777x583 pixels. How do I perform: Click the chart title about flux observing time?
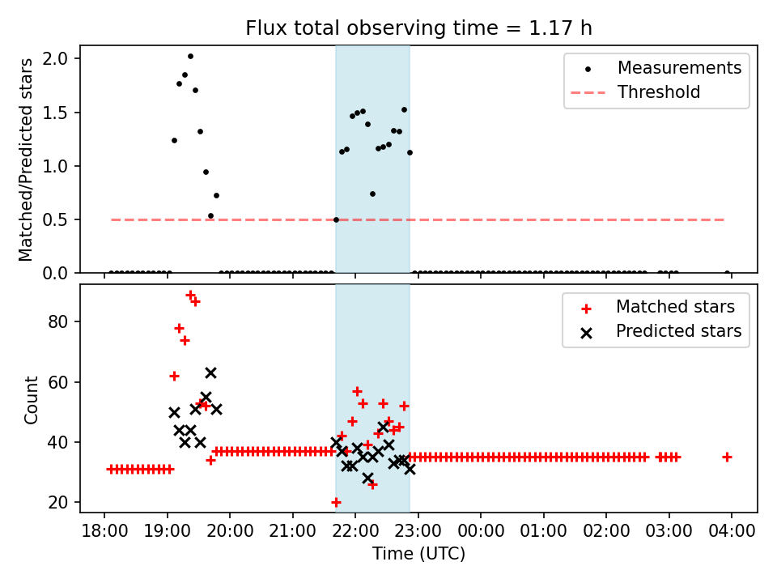[x=418, y=28]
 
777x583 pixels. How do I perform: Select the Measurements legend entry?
[x=679, y=68]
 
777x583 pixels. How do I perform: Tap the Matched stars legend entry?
[x=675, y=307]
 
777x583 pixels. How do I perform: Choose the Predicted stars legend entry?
[x=678, y=331]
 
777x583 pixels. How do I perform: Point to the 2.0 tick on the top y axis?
[x=62, y=58]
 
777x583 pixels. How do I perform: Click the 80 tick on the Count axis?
[x=62, y=321]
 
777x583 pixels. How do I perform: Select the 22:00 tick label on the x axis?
[x=355, y=532]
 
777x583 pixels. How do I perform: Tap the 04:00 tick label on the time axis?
[x=732, y=532]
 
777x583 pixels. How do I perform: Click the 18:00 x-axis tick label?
[x=104, y=532]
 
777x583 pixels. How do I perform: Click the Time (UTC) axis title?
[x=418, y=555]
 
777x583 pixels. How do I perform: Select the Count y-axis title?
[x=32, y=400]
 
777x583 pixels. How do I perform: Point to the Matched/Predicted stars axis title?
[x=27, y=160]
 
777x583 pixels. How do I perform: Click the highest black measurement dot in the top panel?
[x=190, y=56]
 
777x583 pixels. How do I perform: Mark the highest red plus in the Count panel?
[x=190, y=295]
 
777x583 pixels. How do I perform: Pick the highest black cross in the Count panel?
[x=210, y=372]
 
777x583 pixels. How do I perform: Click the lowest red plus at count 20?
[x=336, y=502]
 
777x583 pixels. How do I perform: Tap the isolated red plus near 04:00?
[x=727, y=457]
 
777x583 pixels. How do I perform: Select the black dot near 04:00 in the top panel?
[x=727, y=273]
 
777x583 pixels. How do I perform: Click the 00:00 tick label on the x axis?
[x=481, y=532]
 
